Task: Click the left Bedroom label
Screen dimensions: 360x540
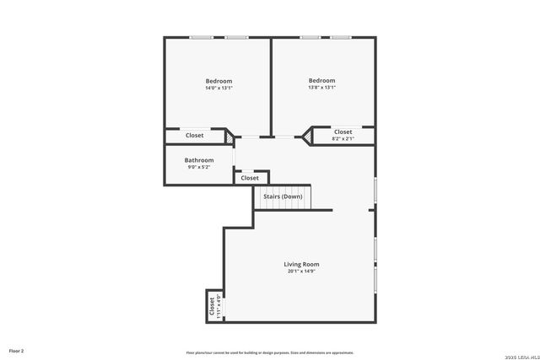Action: coord(219,81)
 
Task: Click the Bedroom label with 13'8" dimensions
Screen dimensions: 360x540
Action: coord(321,80)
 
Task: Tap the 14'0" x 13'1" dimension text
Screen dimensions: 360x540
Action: coord(219,88)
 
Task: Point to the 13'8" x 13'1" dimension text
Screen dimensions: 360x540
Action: coord(321,87)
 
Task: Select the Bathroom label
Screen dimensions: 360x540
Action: coord(199,160)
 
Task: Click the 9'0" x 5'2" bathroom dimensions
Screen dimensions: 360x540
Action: coord(199,167)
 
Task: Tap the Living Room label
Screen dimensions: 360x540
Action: coord(301,265)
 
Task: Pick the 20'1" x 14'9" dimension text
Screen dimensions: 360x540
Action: coord(301,271)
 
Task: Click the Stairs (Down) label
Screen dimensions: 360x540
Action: coord(283,196)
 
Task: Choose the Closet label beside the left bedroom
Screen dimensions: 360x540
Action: coord(195,136)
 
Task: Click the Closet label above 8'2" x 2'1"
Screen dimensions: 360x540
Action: coord(343,132)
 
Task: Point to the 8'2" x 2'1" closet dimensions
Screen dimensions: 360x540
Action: coord(343,138)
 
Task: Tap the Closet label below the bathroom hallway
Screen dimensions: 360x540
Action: coord(250,178)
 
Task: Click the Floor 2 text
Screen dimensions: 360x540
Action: coord(17,350)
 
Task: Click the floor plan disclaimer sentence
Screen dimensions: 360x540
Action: coord(270,352)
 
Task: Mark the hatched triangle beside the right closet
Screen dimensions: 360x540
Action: coord(308,134)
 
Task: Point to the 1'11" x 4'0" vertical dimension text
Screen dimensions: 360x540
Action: coord(219,306)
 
